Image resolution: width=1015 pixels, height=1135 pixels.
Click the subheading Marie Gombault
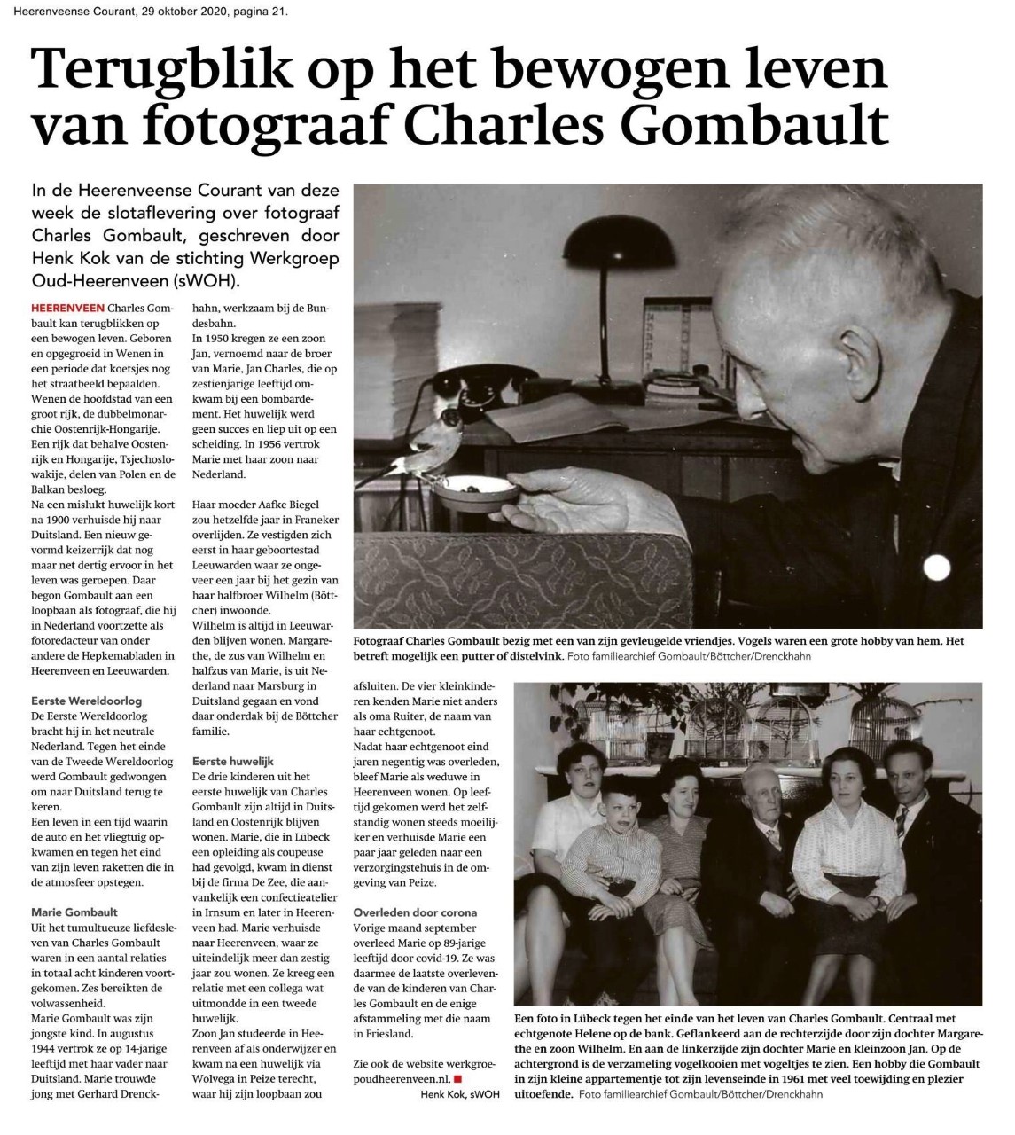tap(74, 911)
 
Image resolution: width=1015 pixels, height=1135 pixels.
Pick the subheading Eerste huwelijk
tap(233, 761)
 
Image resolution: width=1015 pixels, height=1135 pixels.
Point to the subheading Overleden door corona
tap(415, 912)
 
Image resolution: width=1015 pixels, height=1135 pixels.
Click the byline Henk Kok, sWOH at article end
tap(460, 1094)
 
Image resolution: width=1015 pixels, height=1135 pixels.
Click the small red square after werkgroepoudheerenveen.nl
tap(457, 1078)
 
